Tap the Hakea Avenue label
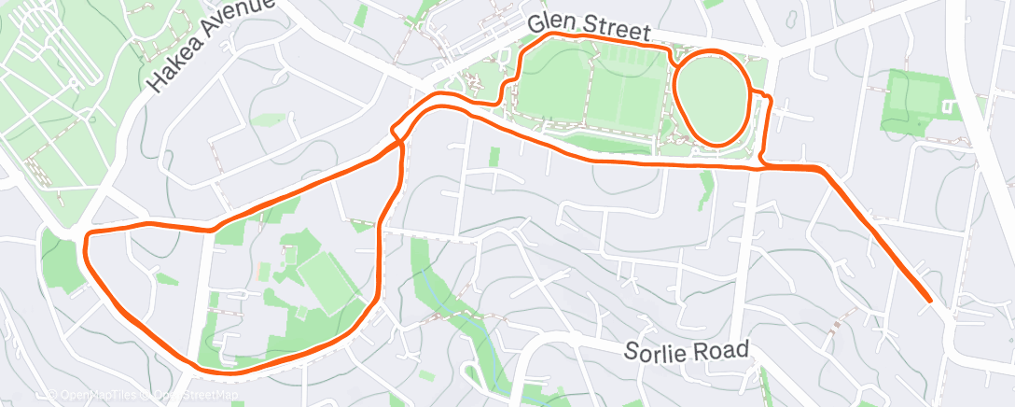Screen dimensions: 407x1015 point(210,47)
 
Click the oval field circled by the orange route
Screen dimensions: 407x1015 point(712,96)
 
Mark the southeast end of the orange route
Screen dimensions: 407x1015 point(929,300)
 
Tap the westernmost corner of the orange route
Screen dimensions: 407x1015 point(86,245)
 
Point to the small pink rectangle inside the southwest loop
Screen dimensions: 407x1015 point(263,272)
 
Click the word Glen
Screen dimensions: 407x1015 point(549,22)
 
